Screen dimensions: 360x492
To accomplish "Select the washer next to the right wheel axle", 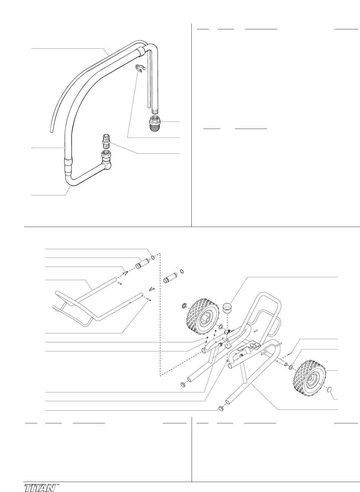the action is (x=291, y=366).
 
